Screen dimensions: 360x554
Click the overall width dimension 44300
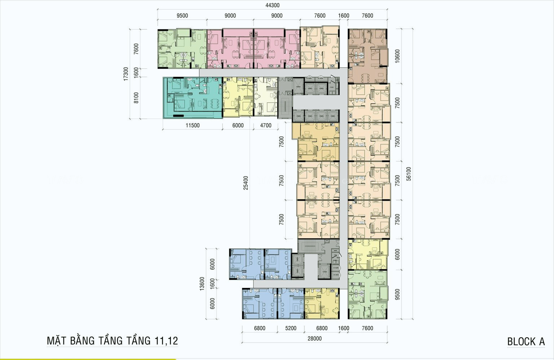pyautogui.click(x=273, y=5)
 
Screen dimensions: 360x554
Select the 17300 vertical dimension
pyautogui.click(x=126, y=74)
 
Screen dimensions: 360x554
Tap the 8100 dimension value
pyautogui.click(x=136, y=98)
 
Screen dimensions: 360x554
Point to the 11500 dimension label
pyautogui.click(x=192, y=125)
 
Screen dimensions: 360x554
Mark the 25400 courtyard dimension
pyautogui.click(x=246, y=183)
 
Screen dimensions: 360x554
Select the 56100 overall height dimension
pyautogui.click(x=408, y=173)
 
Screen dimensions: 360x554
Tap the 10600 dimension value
pyautogui.click(x=397, y=56)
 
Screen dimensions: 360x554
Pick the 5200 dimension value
pyautogui.click(x=290, y=328)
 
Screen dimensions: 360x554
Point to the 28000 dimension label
pyautogui.click(x=315, y=338)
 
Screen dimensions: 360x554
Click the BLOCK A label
pyautogui.click(x=526, y=342)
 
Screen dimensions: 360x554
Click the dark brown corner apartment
pyautogui.click(x=367, y=56)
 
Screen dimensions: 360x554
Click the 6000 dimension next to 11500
pyautogui.click(x=238, y=125)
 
